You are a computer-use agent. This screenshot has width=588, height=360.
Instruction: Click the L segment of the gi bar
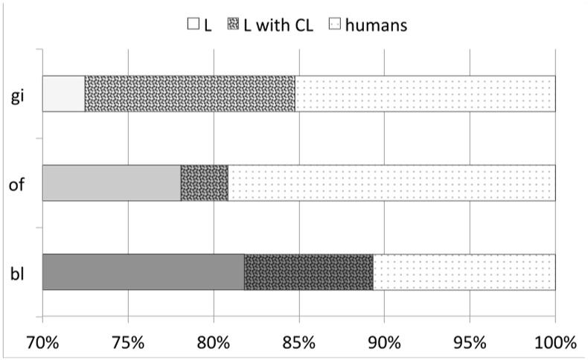tap(63, 94)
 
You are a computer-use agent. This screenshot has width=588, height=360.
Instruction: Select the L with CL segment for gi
tap(190, 94)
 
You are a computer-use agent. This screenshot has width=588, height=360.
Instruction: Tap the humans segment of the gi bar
tap(425, 94)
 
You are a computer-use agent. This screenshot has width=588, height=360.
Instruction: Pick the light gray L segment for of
tap(111, 183)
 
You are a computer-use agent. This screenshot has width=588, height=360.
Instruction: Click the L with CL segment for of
tap(204, 183)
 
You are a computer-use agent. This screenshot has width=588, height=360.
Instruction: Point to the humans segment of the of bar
tap(392, 183)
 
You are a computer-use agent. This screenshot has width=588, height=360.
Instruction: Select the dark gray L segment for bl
tap(143, 272)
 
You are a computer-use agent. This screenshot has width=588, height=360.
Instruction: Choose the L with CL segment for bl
tap(308, 272)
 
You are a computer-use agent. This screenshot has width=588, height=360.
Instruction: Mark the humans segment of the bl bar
tap(464, 272)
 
